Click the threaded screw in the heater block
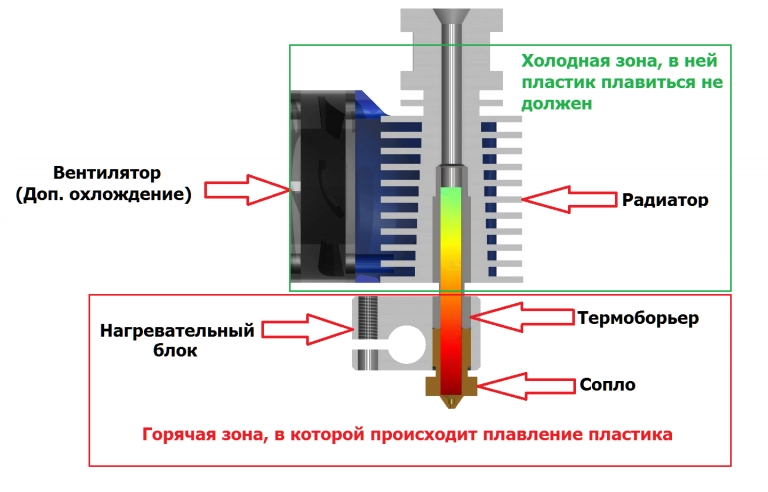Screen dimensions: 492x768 coord(364,330)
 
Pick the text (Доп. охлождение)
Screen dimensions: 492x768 coord(104,194)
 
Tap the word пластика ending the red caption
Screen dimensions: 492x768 coord(635,436)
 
